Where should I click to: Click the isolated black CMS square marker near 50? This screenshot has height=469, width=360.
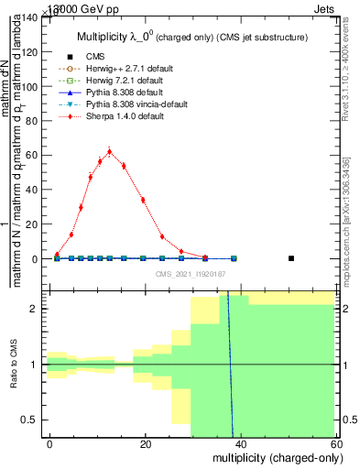coord(291,258)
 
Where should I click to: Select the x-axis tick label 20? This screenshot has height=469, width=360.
coord(146,444)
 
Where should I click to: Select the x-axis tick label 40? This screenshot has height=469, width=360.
coord(241,444)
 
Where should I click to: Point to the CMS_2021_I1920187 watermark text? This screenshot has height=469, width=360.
coord(191,274)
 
